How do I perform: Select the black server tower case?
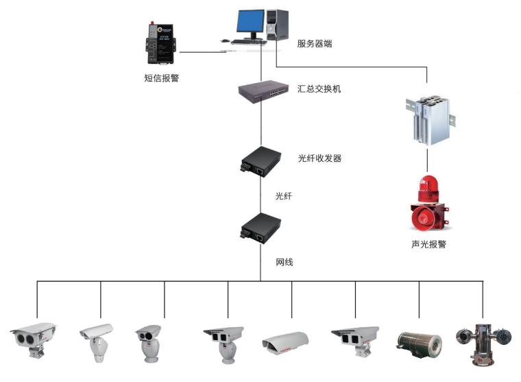[x=277, y=25]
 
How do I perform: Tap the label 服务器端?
[x=315, y=44]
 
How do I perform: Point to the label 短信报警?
[x=162, y=78]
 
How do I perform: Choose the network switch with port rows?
[x=263, y=90]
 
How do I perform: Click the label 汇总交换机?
[x=319, y=89]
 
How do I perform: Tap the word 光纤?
[x=284, y=196]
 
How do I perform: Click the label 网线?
[x=284, y=262]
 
